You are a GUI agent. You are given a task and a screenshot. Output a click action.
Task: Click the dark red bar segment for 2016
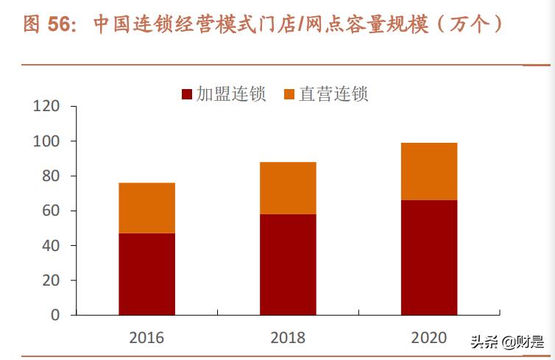[x=146, y=274]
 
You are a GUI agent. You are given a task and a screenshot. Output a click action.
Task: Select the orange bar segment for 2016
[x=146, y=208]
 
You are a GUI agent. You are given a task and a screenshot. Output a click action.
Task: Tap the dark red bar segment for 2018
[x=288, y=264]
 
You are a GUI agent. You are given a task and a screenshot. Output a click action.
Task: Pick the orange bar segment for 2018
[x=288, y=188]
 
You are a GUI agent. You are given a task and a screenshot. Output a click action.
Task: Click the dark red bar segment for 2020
[x=429, y=257]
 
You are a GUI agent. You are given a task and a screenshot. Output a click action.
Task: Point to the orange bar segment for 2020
[x=429, y=171]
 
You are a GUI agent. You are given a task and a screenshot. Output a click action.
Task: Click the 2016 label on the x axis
[x=146, y=338]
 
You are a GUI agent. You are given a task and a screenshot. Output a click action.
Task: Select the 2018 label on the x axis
[x=288, y=338]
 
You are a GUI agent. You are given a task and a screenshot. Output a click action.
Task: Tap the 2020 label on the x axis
[x=429, y=337]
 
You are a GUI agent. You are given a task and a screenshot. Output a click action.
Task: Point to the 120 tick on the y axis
[x=46, y=107]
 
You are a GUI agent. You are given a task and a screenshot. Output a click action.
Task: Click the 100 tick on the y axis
[x=46, y=141]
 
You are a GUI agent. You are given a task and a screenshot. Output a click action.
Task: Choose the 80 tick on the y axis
[x=49, y=176]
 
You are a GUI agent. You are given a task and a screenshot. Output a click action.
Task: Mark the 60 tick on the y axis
[x=49, y=211]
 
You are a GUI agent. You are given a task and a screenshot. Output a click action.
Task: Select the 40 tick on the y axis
[x=49, y=245]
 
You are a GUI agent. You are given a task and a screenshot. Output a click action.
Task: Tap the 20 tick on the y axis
[x=49, y=280]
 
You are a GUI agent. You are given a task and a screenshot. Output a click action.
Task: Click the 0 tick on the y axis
[x=54, y=315]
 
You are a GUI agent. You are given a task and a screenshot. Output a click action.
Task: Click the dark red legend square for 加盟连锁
[x=186, y=94]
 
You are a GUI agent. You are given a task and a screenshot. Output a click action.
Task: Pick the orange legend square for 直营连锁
[x=289, y=94]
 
